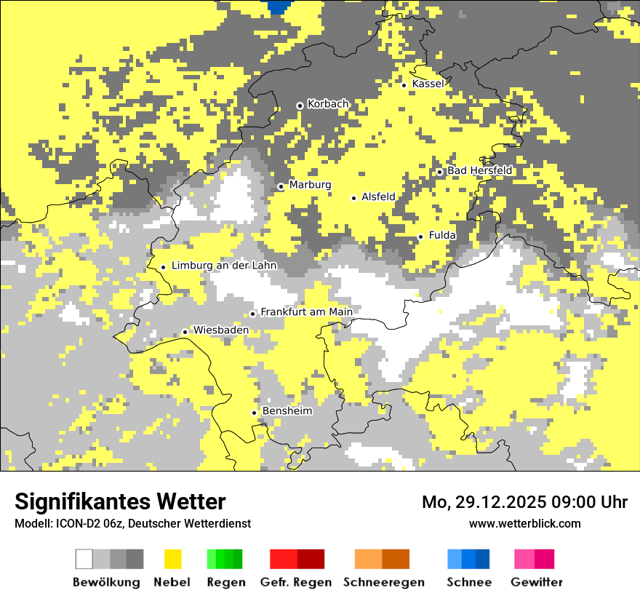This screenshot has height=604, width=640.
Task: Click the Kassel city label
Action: point(428,84)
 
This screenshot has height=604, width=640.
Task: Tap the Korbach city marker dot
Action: point(300,106)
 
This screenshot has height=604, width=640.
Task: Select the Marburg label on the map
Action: point(310,185)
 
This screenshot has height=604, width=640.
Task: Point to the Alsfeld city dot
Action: point(354,198)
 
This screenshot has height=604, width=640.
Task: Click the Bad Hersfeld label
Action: point(479,171)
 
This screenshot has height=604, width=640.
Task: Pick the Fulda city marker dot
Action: point(420,237)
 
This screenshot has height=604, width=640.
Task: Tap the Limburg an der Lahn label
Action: point(223,266)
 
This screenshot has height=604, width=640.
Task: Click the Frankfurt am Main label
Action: point(306,312)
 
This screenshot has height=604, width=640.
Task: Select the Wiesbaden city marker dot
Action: point(185,332)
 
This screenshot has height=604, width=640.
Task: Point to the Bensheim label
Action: point(287,411)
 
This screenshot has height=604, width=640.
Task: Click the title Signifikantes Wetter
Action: point(120,502)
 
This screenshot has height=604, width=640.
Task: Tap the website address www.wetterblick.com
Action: point(524,523)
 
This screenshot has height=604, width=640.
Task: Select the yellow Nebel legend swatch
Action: point(173,559)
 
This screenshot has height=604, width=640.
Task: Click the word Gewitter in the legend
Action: point(536,582)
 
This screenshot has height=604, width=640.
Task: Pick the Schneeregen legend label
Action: point(384,582)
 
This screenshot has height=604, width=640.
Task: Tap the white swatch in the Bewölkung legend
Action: point(84,559)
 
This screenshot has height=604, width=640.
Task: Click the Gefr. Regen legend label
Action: point(296,582)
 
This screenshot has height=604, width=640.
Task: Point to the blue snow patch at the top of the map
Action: point(279,7)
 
